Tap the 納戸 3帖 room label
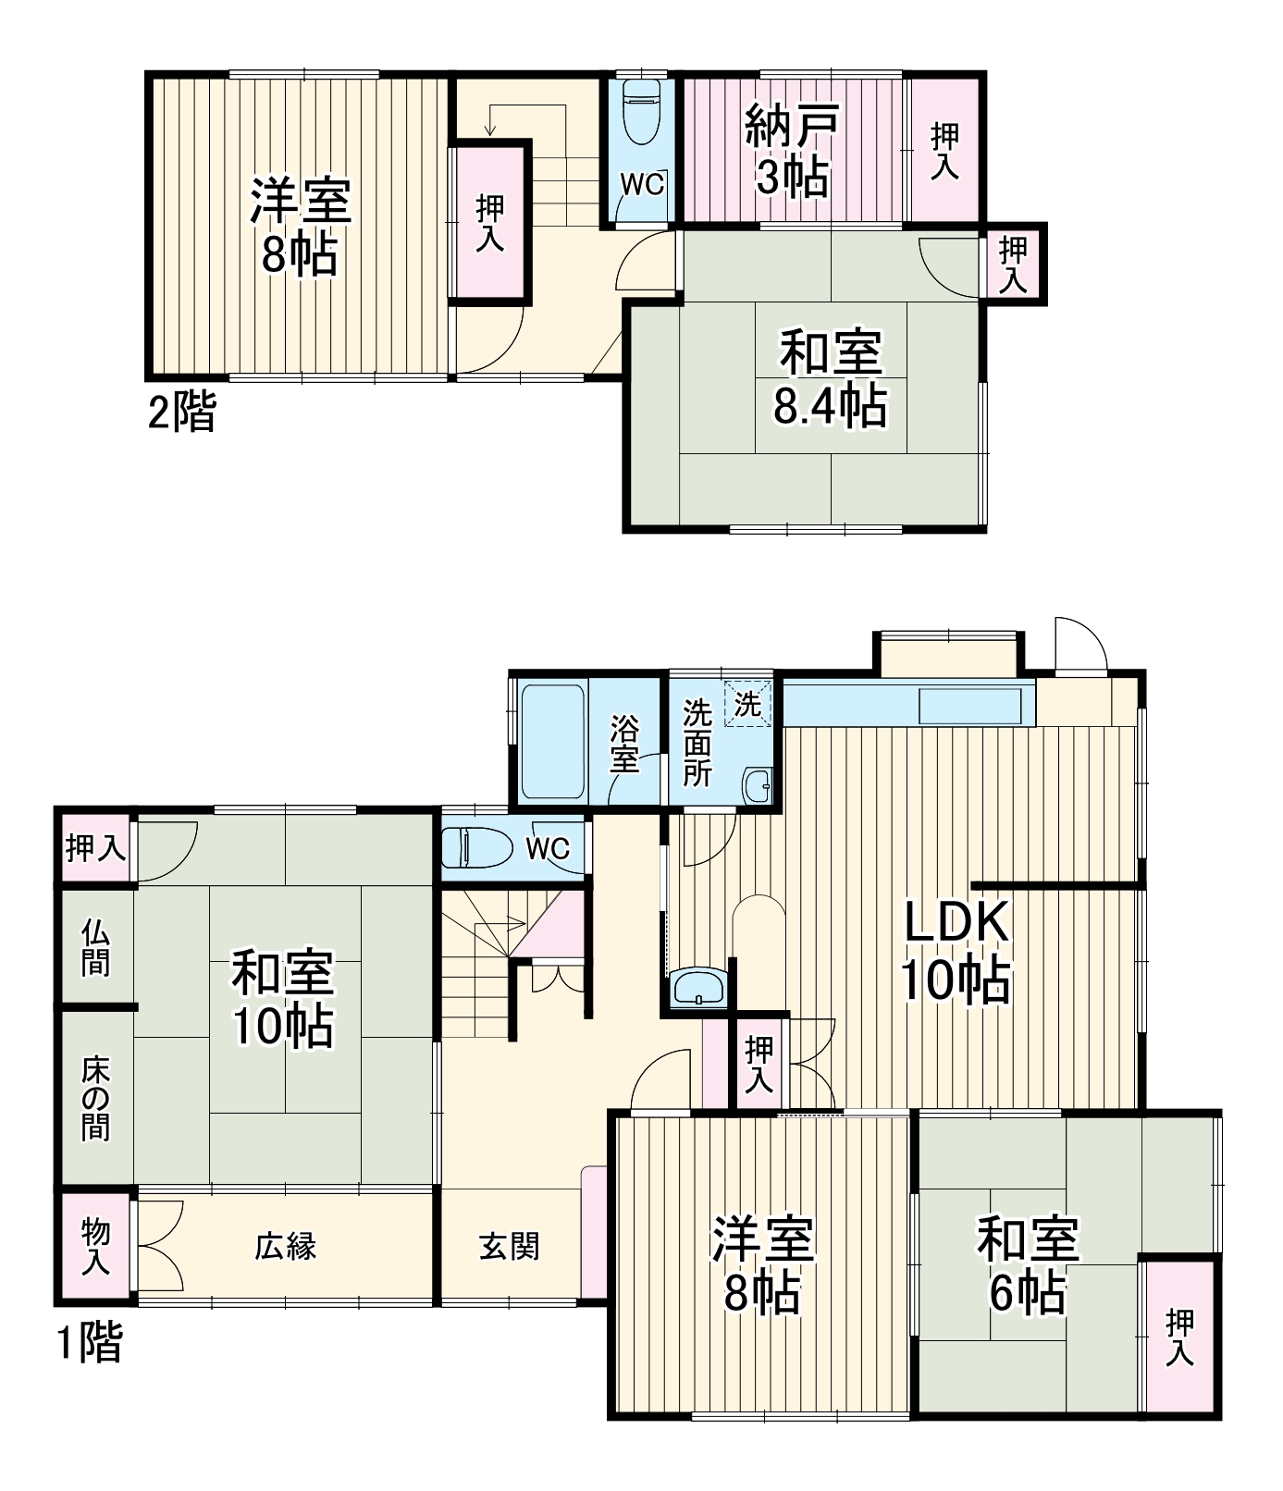tap(792, 151)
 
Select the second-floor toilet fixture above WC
tap(640, 110)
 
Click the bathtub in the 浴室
tap(552, 741)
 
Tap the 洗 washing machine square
tap(747, 704)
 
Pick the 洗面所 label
tap(697, 743)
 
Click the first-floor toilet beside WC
tap(477, 847)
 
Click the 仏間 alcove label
tap(95, 947)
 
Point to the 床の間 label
tap(95, 1098)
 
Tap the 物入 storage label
tap(95, 1247)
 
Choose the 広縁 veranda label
tap(286, 1247)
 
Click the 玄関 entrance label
tap(510, 1247)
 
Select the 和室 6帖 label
tap(1027, 1265)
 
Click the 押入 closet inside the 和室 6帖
tap(1179, 1337)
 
